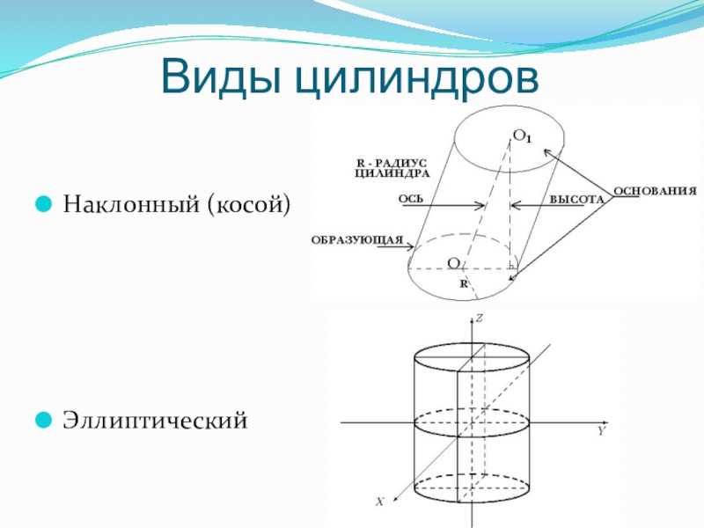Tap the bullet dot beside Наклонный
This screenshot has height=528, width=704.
coord(41,205)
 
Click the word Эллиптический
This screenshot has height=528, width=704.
coord(153,421)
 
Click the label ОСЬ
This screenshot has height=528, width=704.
coord(412,200)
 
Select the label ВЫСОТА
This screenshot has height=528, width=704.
coord(576,200)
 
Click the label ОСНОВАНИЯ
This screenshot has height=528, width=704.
coord(655,191)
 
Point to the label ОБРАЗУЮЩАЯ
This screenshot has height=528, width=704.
coord(357,239)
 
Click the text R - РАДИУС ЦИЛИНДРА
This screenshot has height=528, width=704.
coord(391,168)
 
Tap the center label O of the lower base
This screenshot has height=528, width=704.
coord(452,263)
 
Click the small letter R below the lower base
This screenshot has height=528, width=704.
coord(463,285)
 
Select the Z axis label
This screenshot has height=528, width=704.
coord(480,317)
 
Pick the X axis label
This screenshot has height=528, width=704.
coord(380,502)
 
